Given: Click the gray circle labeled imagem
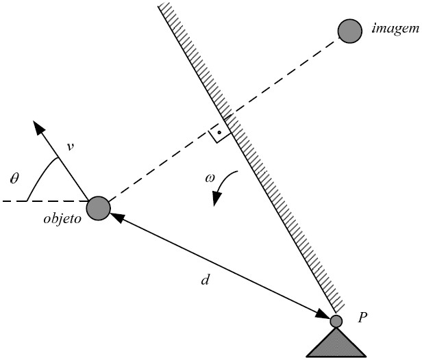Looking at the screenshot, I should coord(349,31).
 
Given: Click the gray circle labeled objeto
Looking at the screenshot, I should coord(99,208).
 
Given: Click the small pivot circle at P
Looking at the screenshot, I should coord(336,320).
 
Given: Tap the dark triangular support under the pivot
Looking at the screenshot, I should coord(336,343).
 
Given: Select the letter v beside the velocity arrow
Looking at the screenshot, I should coord(69,145).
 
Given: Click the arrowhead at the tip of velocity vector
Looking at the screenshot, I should coord(39,127).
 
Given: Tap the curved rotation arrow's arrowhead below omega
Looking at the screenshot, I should coord(217,200).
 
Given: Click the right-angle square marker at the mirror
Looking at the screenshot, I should coord(219,132).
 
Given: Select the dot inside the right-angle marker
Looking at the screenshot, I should coord(218,130).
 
